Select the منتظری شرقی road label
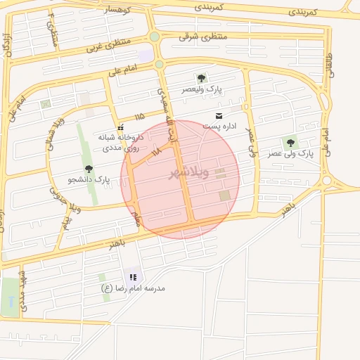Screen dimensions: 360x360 (204, 36)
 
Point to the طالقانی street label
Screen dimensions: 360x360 (330, 67)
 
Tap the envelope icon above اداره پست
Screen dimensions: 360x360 (219, 115)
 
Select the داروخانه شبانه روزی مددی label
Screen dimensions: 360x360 (121, 143)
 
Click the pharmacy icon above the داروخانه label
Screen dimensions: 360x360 (121, 128)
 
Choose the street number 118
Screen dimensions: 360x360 (156, 150)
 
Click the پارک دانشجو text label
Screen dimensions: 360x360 (89, 180)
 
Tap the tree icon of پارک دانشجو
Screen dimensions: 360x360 (89, 168)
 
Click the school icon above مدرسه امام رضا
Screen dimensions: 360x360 (133, 276)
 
